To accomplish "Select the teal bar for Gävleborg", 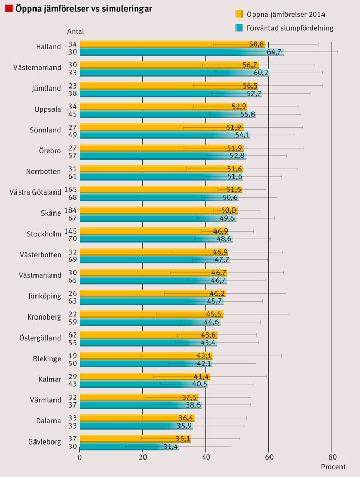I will coord(129,447).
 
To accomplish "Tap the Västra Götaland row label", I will coord(35,192).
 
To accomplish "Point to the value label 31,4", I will coord(170,447).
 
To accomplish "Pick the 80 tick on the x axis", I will coord(332,457).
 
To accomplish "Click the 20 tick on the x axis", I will coord(143,457).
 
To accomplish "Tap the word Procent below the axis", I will coord(333,467).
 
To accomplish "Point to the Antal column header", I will coord(76,31).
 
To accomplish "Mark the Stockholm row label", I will coord(44,234).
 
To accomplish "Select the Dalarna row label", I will coord(48,421).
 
